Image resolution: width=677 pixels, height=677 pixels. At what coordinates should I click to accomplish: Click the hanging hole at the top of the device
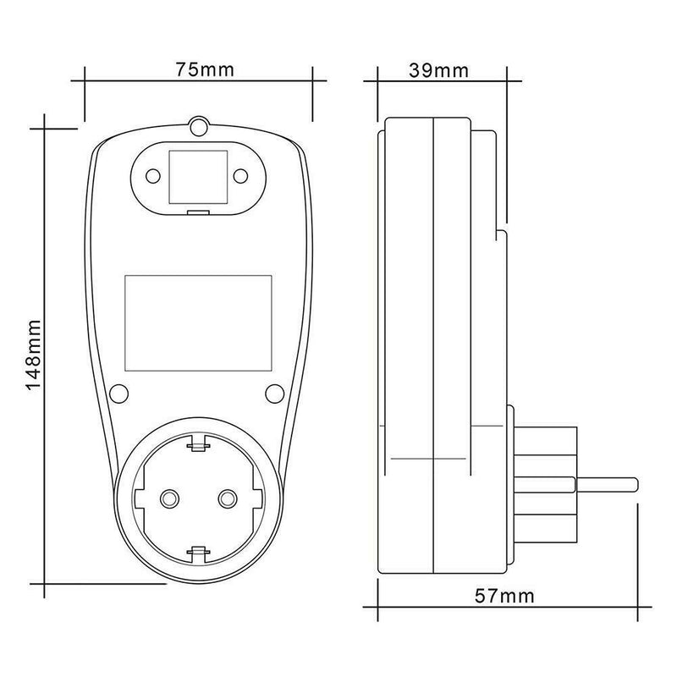click(199, 127)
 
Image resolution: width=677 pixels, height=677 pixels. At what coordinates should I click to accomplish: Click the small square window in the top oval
click(198, 176)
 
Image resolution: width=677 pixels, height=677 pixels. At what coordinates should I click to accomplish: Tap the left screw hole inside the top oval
click(154, 175)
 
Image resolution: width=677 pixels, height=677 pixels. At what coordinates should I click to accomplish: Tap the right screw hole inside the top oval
click(240, 175)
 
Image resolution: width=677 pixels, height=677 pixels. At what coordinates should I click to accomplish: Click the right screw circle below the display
click(275, 393)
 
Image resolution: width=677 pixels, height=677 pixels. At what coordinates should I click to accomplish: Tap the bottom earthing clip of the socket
click(198, 554)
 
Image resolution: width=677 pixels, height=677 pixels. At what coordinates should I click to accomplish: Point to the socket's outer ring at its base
click(198, 575)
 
